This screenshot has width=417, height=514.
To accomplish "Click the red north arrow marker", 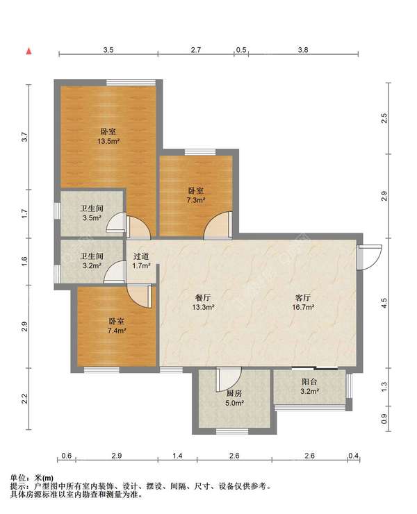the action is (x=29, y=51).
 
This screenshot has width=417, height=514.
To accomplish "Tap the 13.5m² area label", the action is (x=108, y=142).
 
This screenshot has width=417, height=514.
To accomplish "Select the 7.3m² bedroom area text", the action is (x=196, y=200).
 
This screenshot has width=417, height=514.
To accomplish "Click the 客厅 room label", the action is (x=303, y=298).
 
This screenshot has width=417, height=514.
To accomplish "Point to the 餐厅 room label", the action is (x=203, y=298).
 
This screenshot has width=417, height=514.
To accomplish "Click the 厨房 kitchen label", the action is (x=234, y=393).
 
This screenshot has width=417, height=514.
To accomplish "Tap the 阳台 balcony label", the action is (x=309, y=381).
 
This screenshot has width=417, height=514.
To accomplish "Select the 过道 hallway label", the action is (x=141, y=256).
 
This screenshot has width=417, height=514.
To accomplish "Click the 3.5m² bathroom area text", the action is (x=92, y=217).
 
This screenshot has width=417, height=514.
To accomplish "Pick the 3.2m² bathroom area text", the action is (x=92, y=265).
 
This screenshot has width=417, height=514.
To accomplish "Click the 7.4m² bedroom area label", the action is (x=117, y=331).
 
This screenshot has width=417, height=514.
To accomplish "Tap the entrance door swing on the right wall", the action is (x=370, y=257).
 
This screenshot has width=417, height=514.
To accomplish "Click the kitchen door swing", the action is (x=229, y=379).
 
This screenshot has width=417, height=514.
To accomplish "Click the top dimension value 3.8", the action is (x=303, y=50).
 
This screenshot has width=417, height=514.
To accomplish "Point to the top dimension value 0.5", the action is (x=241, y=50).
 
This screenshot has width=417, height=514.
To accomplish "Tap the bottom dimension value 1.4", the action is (x=177, y=456).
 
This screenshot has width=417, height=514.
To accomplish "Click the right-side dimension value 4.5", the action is (x=384, y=303).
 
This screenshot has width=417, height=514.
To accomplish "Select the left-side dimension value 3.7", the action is (x=24, y=137).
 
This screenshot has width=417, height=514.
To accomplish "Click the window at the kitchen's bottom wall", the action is (x=232, y=431).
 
